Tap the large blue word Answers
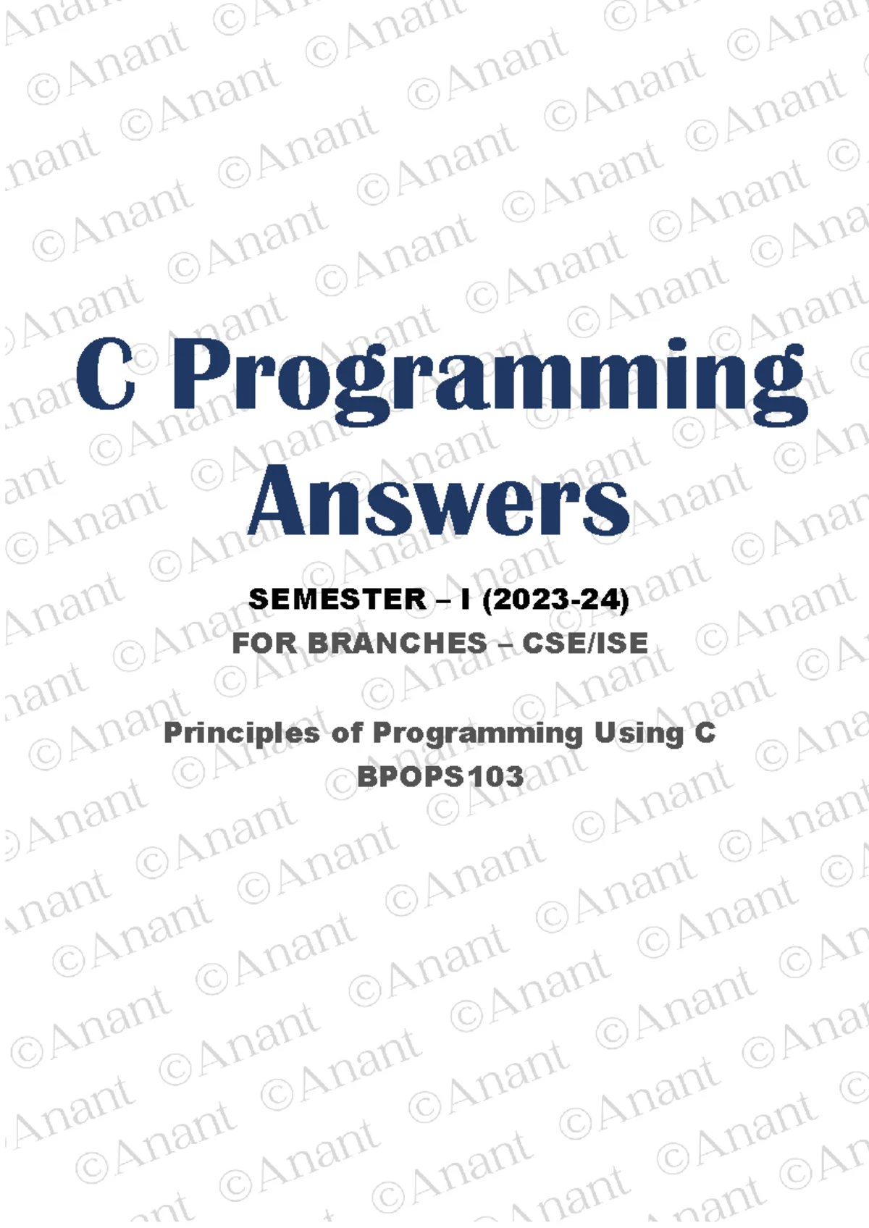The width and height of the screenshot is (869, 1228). tap(439, 500)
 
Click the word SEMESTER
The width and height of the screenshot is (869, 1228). tap(337, 599)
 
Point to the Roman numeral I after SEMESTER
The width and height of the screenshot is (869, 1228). tap(465, 599)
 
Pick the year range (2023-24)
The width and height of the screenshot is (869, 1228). tap(555, 600)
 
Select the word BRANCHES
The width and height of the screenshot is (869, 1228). tap(397, 643)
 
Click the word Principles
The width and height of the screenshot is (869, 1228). tap(242, 733)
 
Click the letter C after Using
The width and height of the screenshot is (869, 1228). tap(704, 733)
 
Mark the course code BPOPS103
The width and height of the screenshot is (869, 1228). tap(440, 777)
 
